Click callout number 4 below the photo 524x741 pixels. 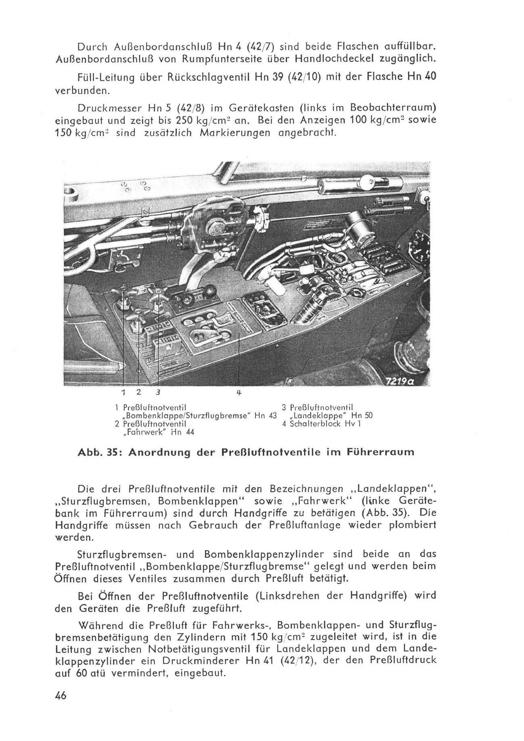coord(239,392)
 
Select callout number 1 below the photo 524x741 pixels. coord(124,392)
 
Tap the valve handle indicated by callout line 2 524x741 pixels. coord(138,311)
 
